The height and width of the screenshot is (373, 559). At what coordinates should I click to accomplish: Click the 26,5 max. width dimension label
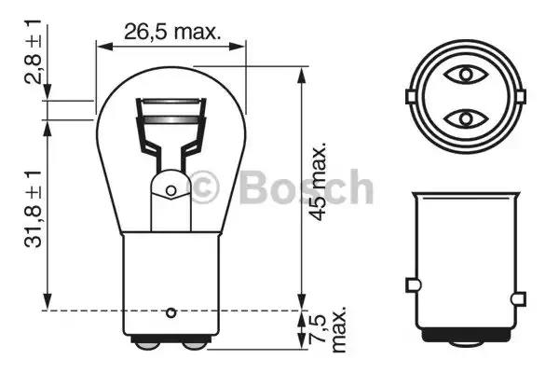(172, 33)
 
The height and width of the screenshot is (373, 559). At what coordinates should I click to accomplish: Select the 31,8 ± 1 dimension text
(34, 209)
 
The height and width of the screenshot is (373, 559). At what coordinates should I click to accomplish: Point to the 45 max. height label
(318, 182)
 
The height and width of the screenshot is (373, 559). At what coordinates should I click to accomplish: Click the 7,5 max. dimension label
(327, 329)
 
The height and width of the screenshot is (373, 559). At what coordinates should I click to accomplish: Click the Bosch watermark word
(307, 187)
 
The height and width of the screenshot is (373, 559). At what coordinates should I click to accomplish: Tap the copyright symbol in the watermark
(203, 186)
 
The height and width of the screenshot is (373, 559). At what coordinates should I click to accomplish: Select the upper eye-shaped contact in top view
(465, 75)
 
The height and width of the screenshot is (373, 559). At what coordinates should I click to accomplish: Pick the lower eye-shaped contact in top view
(465, 118)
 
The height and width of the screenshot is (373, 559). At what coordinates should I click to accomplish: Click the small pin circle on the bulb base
(171, 312)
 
